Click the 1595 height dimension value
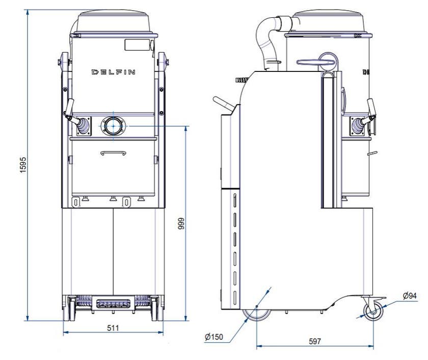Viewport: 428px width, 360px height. click(x=23, y=165)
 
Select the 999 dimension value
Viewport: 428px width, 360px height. click(x=181, y=223)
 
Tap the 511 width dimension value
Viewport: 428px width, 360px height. click(x=113, y=328)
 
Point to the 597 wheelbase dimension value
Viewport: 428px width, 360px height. click(x=315, y=341)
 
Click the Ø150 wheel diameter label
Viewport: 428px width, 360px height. click(x=213, y=337)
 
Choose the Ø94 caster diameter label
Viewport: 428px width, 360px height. click(x=410, y=296)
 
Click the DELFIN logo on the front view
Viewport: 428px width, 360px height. click(x=113, y=72)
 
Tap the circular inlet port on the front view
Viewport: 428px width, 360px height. click(x=113, y=126)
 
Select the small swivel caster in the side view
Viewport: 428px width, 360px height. click(x=373, y=312)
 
